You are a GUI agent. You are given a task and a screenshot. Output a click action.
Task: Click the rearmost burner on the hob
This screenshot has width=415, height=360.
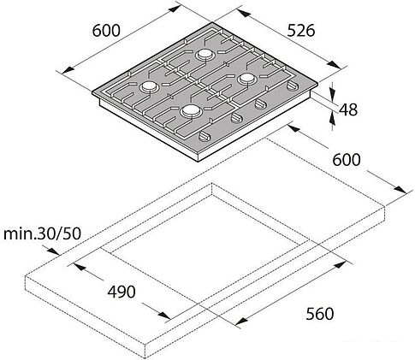click(205, 55)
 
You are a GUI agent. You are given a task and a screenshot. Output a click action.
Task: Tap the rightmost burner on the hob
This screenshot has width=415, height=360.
click(247, 78)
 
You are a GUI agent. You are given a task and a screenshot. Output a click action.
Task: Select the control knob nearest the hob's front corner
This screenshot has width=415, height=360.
click(205, 138)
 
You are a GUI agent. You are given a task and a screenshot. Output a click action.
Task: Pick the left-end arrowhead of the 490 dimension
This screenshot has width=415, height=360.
click(76, 266)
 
